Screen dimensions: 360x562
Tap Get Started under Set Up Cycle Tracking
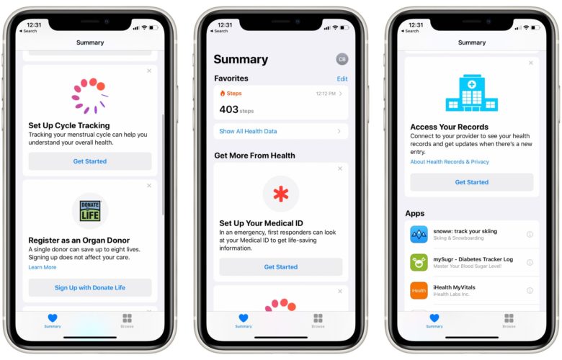(90, 161)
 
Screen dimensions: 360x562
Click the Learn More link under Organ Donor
(42, 267)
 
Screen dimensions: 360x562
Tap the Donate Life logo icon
(90, 211)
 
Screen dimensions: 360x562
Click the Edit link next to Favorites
(342, 78)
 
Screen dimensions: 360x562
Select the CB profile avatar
(342, 59)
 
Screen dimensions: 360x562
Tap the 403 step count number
(228, 109)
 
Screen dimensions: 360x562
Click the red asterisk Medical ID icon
(280, 194)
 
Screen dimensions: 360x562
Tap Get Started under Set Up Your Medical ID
(280, 267)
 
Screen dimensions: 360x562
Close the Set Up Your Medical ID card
(340, 168)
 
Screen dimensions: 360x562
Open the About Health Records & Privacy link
(450, 162)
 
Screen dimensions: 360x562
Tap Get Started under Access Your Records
(471, 182)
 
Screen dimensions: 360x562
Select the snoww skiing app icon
(419, 234)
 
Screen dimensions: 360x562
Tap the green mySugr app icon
(419, 262)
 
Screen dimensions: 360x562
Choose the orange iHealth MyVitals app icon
(419, 290)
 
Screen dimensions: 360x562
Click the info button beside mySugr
(530, 262)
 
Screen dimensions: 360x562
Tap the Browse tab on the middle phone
(318, 320)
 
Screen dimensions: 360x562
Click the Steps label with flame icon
(231, 94)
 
